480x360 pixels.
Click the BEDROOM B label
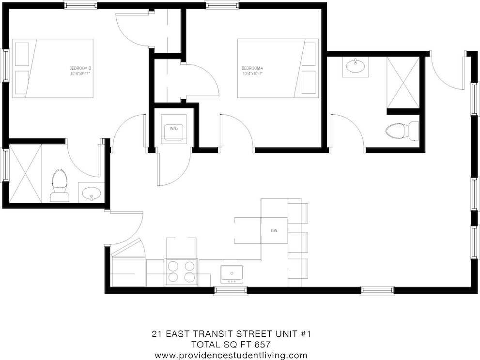[80, 68]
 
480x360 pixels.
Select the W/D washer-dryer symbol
[173, 129]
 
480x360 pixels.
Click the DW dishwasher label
[274, 230]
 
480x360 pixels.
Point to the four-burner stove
[182, 271]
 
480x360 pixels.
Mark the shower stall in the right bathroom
[402, 82]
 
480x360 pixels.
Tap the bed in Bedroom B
[53, 68]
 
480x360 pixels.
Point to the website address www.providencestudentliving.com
[231, 355]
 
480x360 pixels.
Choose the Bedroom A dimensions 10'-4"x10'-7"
[253, 74]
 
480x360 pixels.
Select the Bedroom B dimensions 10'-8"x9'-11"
[80, 74]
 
